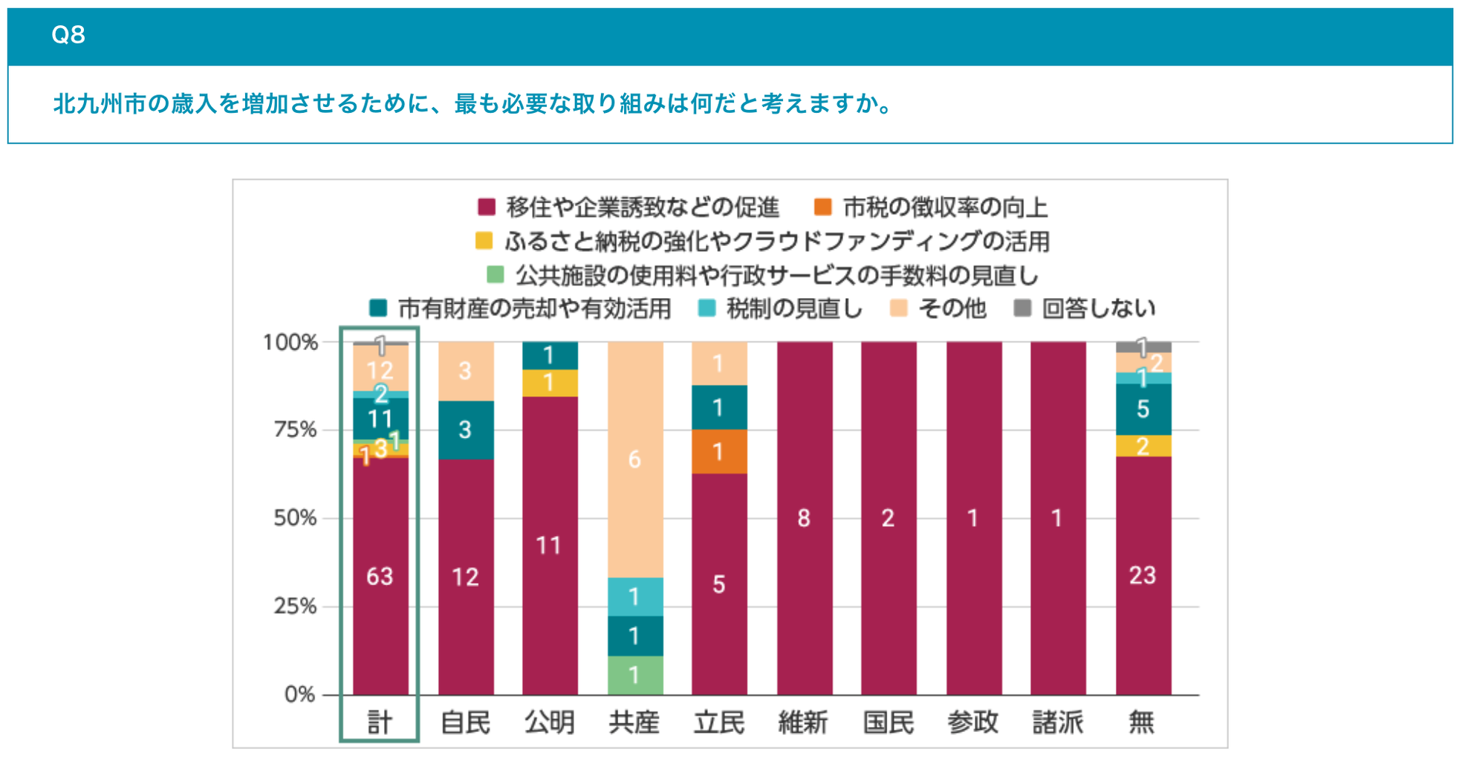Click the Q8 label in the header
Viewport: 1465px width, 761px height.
point(68,35)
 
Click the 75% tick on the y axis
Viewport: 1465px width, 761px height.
point(295,430)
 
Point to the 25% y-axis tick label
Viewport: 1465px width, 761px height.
point(295,606)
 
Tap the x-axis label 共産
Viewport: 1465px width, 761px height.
point(634,722)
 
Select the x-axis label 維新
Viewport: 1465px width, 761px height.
point(803,722)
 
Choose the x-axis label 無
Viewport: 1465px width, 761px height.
point(1142,722)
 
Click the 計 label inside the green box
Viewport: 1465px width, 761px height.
point(380,722)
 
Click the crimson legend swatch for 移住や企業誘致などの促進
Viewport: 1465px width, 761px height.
point(487,207)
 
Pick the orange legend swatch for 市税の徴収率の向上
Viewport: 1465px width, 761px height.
point(823,207)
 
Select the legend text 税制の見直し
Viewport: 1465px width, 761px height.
point(794,308)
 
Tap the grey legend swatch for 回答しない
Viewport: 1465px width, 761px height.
point(1023,308)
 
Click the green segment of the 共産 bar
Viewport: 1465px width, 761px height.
point(634,675)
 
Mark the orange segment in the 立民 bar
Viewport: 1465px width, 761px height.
point(719,451)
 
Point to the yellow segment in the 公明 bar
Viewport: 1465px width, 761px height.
point(550,383)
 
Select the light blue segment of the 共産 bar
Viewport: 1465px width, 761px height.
point(634,596)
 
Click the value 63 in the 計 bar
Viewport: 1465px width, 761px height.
point(380,576)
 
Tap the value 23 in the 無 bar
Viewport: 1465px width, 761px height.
point(1143,574)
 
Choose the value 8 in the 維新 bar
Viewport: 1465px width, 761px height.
point(804,518)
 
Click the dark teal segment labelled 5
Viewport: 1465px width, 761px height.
point(1143,409)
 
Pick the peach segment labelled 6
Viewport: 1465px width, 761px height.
point(634,459)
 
